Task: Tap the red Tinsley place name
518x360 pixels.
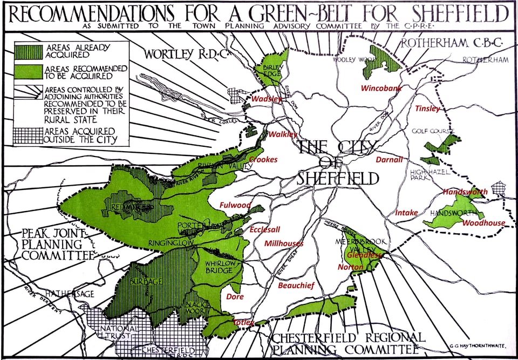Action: [427, 109]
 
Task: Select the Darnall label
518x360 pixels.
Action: [390, 160]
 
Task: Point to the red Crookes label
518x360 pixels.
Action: [263, 160]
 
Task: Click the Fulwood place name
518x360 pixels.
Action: [235, 205]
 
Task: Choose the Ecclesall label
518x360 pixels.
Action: [264, 230]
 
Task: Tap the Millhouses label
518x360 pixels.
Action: [283, 244]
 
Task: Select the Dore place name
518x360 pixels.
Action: [235, 297]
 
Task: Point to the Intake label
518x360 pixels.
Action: [406, 213]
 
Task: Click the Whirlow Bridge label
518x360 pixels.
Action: [219, 267]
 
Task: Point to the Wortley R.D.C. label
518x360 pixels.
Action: [176, 53]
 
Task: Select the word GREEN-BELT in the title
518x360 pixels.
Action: [306, 12]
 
